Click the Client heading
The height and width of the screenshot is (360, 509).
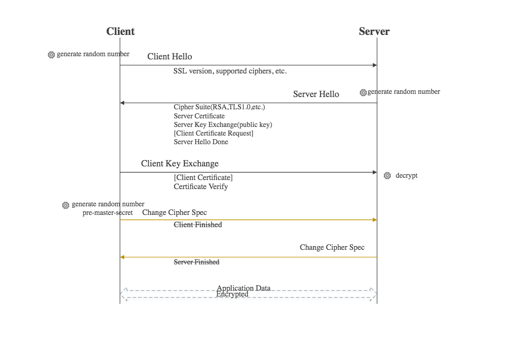point(121,31)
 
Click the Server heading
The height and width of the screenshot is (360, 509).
point(374,31)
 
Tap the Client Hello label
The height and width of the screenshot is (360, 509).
point(170,57)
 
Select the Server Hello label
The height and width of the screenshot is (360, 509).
point(316,94)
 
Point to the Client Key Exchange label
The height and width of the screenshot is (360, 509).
point(179,164)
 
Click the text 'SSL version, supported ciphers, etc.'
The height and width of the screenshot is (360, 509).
point(230,71)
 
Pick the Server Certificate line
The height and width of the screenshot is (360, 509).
point(199,116)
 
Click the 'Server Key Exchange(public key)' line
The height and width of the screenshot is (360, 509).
point(223,125)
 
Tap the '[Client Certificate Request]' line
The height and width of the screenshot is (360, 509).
point(213,133)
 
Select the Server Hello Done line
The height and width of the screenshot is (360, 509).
point(201,142)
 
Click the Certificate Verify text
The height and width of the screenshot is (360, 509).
point(200,186)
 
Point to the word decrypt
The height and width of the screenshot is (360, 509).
point(407,175)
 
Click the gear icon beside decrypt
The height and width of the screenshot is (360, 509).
point(387,175)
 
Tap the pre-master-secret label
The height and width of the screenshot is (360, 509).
point(107,213)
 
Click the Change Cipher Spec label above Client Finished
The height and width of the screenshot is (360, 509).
point(175,213)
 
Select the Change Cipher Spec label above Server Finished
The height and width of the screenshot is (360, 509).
point(332,248)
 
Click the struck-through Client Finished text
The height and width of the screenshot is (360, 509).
point(198,224)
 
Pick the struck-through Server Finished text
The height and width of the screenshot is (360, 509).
point(197,262)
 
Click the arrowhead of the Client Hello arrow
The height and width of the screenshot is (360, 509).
point(375,65)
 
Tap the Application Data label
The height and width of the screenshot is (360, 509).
point(243,288)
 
